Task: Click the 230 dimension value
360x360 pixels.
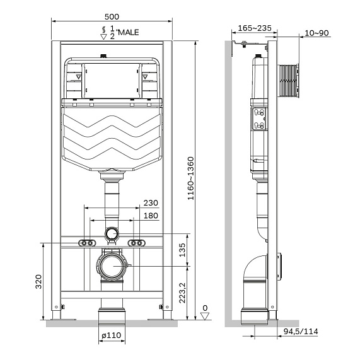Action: click(x=151, y=203)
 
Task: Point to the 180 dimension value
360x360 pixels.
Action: click(x=151, y=216)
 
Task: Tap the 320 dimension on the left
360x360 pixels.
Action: click(x=38, y=281)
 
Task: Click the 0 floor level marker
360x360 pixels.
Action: click(x=204, y=310)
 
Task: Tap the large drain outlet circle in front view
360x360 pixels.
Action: click(x=112, y=266)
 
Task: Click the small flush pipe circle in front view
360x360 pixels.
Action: click(x=112, y=234)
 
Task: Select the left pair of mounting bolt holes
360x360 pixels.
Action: click(x=87, y=243)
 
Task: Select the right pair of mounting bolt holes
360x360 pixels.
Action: click(x=136, y=243)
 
